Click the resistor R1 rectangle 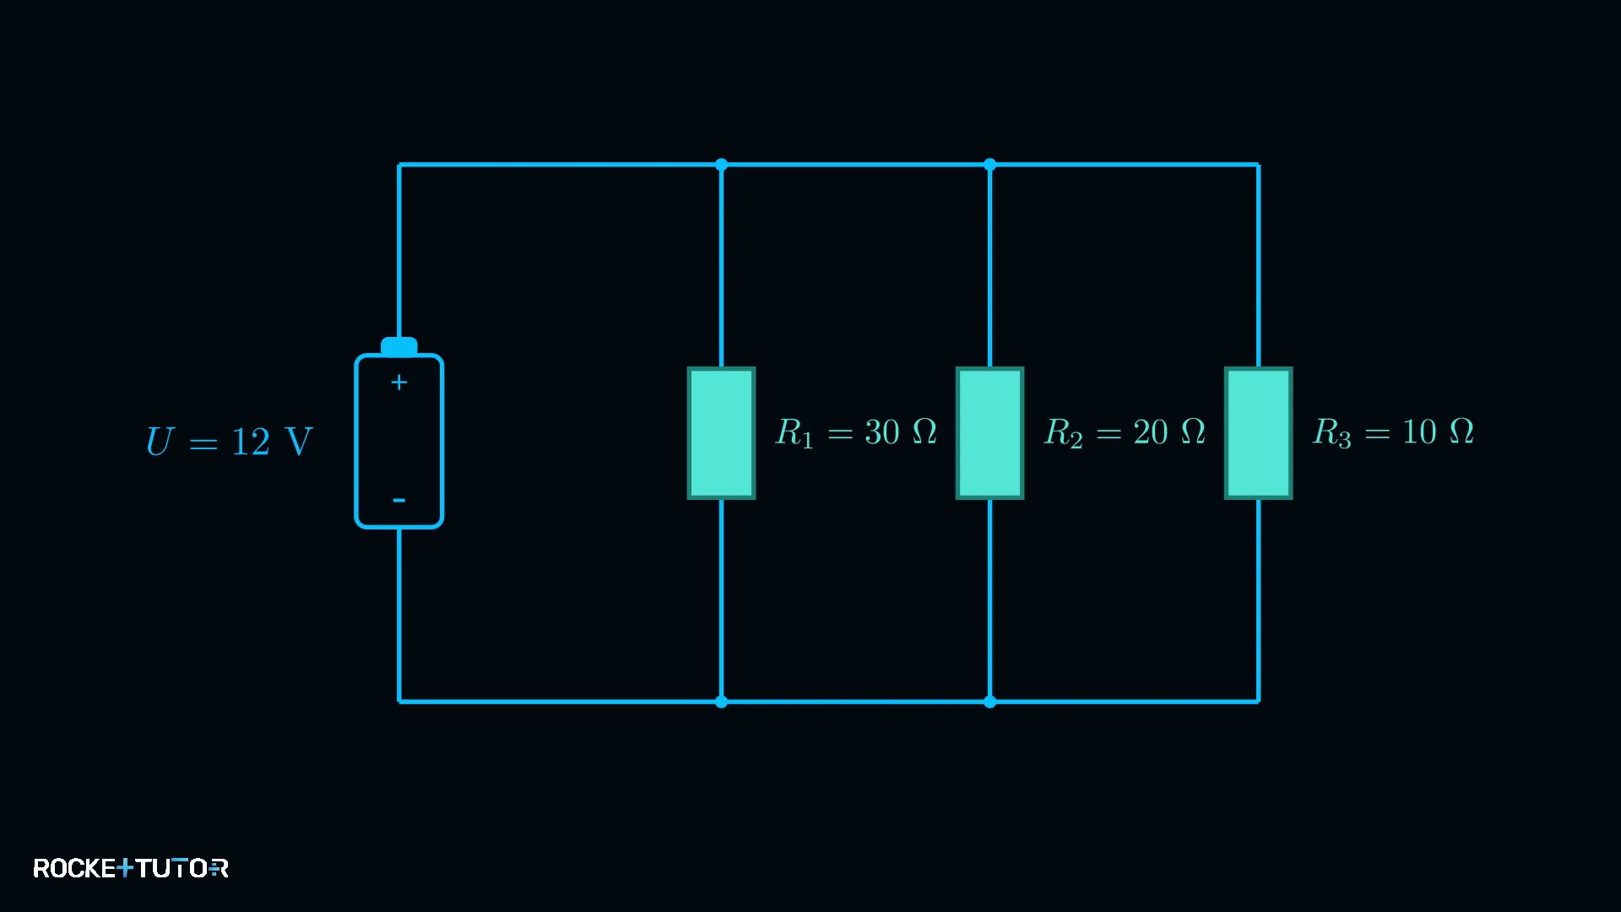point(721,433)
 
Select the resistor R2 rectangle point(989,433)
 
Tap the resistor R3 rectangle point(1258,433)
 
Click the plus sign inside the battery point(399,383)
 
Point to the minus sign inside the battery point(399,501)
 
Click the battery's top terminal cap point(399,346)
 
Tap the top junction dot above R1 point(721,165)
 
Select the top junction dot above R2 point(989,165)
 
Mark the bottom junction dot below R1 point(721,702)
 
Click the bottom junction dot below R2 point(989,702)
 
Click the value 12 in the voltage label point(251,442)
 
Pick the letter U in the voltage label point(160,441)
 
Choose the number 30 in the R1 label point(882,432)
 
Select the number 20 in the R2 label point(1151,432)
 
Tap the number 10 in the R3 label point(1419,432)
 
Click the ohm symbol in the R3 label point(1461,432)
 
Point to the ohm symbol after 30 point(925,432)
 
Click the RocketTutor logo point(131,868)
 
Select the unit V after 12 point(299,442)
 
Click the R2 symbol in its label point(1064,434)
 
